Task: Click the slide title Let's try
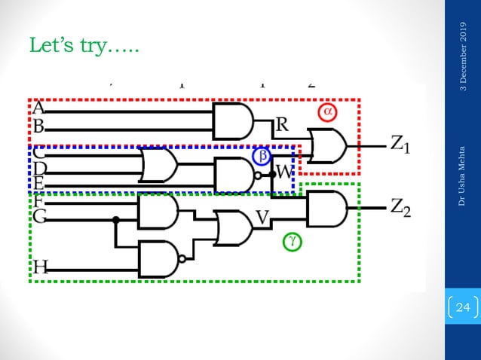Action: coord(83,47)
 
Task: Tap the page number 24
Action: coord(463,307)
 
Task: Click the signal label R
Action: coord(280,125)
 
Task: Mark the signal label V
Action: coord(262,218)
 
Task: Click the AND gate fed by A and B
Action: coord(232,121)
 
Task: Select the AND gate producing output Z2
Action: coord(326,208)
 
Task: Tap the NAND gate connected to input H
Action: coord(158,258)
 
